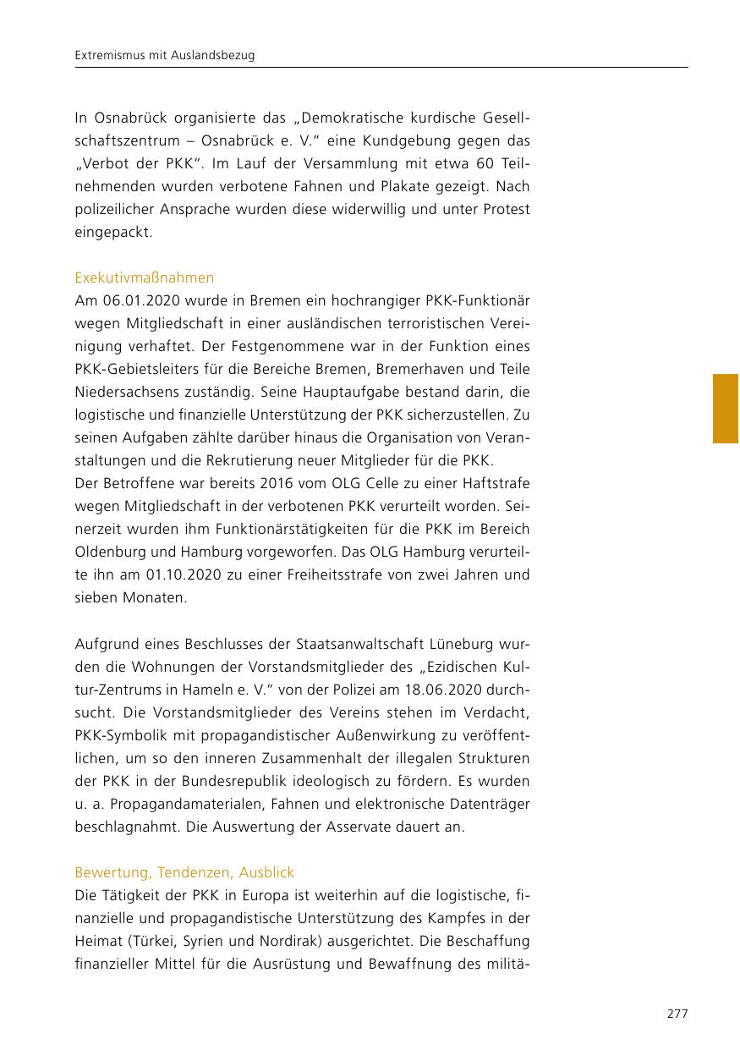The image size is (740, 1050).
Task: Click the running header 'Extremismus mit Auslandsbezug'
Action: tap(165, 56)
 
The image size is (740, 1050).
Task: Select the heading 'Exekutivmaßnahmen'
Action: tap(144, 278)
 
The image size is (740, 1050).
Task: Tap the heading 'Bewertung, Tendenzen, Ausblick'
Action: tap(184, 872)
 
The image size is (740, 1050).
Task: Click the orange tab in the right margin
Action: tap(726, 409)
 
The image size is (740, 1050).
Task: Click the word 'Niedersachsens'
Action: tap(120, 392)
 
